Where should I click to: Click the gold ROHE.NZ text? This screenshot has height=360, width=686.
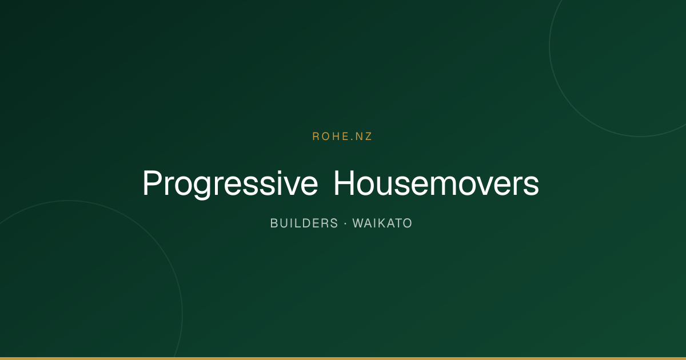click(x=342, y=137)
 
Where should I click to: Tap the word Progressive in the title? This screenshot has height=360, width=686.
click(x=230, y=183)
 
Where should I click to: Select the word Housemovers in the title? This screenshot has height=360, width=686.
click(x=436, y=183)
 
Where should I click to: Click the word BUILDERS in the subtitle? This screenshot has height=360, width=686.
click(x=304, y=223)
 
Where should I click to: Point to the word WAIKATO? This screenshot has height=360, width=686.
click(x=382, y=223)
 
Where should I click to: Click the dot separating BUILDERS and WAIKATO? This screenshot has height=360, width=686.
click(x=345, y=224)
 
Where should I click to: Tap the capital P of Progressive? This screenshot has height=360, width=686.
click(x=153, y=183)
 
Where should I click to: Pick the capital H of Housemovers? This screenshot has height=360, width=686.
click(x=344, y=183)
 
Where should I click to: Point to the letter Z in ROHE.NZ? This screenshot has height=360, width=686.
click(x=368, y=137)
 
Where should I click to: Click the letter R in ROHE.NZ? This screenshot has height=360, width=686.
click(x=316, y=137)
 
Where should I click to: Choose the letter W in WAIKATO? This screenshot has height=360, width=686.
click(x=358, y=223)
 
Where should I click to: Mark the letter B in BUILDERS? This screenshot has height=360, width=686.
click(x=274, y=223)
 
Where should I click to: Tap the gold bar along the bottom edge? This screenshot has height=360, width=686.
click(x=343, y=358)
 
